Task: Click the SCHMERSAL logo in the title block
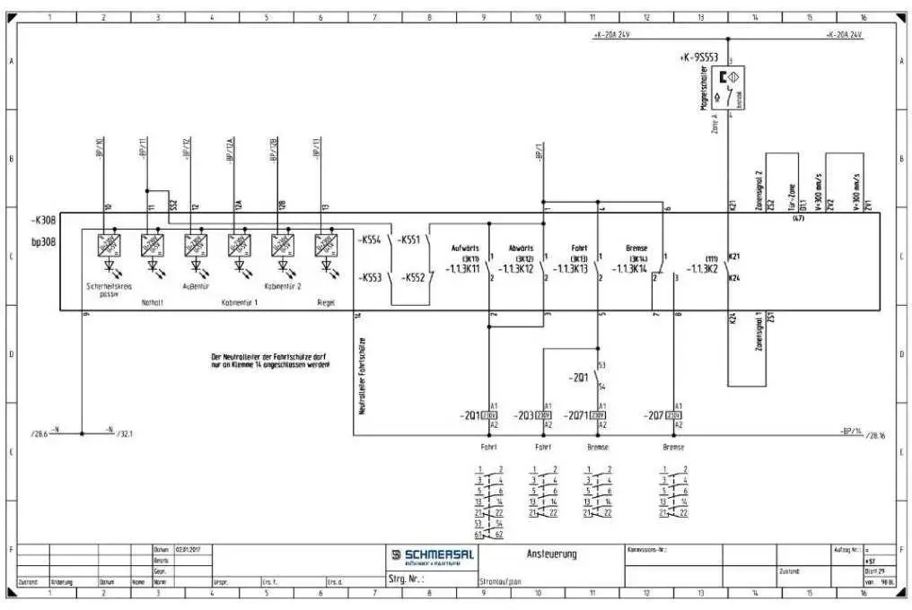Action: (433, 555)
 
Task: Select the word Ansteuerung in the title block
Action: (552, 554)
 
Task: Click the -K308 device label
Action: (45, 219)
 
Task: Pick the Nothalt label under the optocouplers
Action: (153, 302)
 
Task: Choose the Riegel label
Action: (326, 302)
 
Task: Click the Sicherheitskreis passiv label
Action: (109, 290)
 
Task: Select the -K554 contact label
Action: (370, 240)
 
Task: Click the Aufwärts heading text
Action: (468, 248)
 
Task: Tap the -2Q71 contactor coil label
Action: (576, 415)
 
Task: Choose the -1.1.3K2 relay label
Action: (703, 268)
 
